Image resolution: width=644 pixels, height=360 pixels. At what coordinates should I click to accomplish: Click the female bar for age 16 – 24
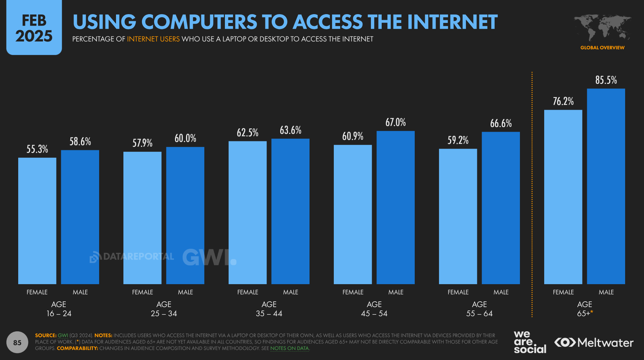click(37, 221)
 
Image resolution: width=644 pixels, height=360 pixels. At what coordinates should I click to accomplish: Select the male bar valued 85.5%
click(606, 186)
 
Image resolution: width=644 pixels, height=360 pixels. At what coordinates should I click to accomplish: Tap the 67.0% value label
click(396, 122)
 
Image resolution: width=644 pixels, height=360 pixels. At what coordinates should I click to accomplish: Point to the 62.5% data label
click(247, 132)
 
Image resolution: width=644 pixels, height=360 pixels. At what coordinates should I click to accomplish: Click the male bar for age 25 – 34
click(185, 215)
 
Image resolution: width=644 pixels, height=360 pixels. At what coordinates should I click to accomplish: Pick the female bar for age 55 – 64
click(458, 216)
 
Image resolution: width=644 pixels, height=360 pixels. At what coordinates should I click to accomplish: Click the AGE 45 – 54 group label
click(374, 309)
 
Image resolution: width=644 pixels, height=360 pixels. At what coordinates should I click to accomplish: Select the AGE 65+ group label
click(585, 309)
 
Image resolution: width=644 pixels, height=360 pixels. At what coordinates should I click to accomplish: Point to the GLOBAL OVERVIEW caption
click(603, 48)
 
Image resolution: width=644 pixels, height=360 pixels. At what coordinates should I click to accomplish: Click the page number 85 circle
click(17, 342)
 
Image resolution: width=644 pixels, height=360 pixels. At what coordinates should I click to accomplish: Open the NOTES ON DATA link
click(290, 348)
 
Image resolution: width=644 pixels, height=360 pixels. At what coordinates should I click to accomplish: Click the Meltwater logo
click(594, 342)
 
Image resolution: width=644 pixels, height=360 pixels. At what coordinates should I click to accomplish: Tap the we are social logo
click(530, 342)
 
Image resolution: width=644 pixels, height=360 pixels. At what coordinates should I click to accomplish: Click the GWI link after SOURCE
click(63, 335)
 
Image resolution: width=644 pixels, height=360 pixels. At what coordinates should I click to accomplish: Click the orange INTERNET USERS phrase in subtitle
click(153, 39)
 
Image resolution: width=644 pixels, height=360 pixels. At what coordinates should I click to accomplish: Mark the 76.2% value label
click(563, 101)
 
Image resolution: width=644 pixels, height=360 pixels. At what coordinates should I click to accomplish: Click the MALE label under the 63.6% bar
click(291, 292)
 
